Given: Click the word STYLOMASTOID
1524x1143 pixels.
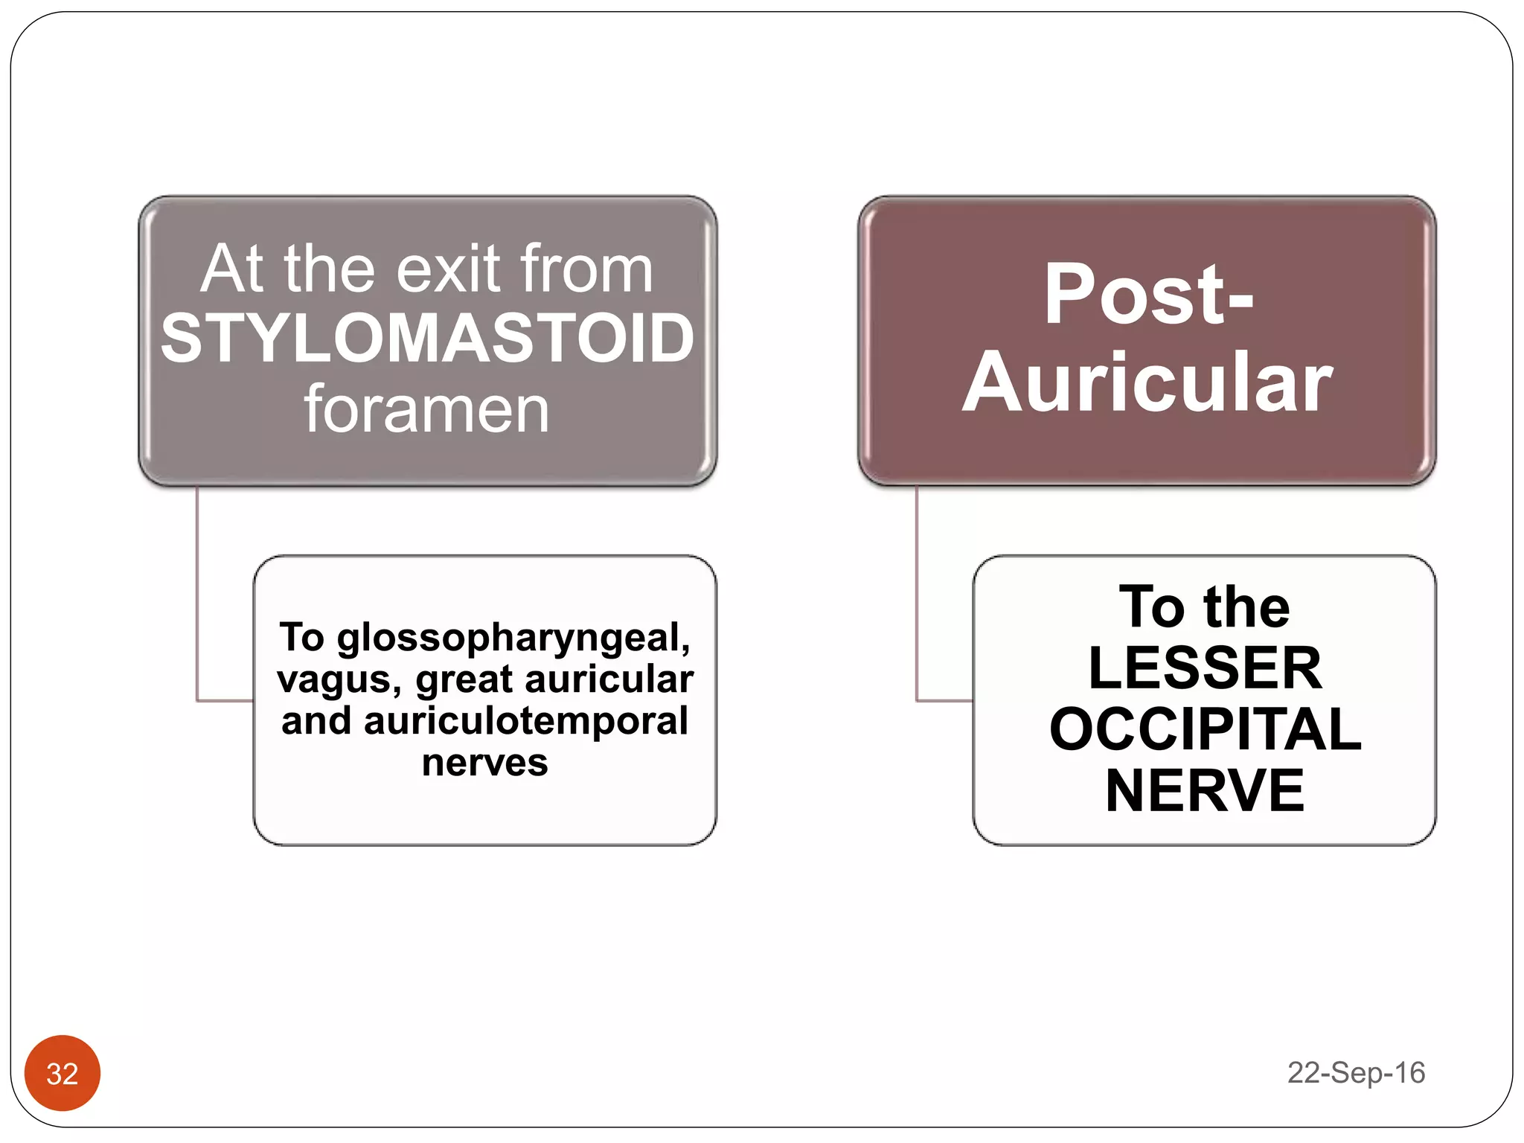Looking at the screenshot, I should [x=427, y=339].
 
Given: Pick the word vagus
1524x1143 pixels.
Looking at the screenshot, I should [x=339, y=680].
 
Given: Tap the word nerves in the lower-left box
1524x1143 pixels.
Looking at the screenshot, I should [x=484, y=763].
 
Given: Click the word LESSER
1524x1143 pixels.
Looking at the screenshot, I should [x=1205, y=667].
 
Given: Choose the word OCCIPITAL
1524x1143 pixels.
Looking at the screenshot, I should [x=1205, y=729].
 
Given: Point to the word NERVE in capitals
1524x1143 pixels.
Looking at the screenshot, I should [x=1205, y=790].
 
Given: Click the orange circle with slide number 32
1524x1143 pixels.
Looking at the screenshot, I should [x=63, y=1073].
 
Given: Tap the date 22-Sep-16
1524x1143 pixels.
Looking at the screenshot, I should [x=1356, y=1073].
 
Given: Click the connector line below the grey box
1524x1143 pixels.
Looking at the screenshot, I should [x=197, y=595].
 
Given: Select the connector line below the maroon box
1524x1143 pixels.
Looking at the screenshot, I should [x=917, y=595].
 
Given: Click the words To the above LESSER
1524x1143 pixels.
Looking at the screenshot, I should [x=1205, y=607].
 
